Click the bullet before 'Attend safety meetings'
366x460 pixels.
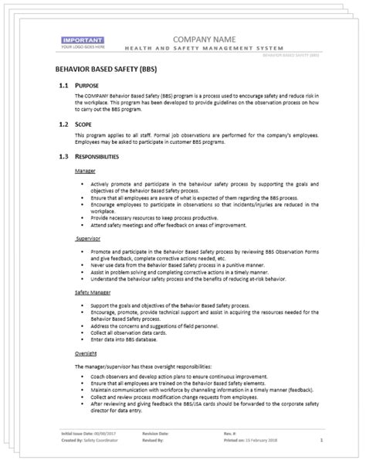click(81, 228)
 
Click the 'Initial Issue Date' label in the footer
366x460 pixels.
click(76, 435)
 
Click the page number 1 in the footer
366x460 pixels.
click(320, 441)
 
